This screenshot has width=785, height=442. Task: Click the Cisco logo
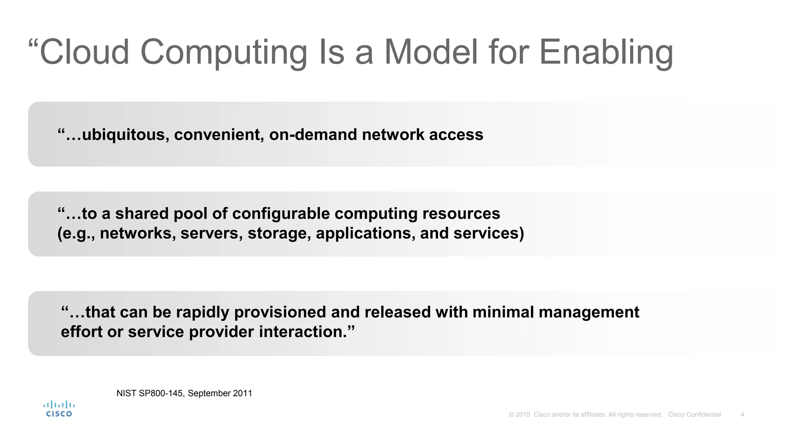[59, 409]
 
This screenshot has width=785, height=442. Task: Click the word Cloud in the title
[84, 52]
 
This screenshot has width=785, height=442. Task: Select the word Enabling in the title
[606, 52]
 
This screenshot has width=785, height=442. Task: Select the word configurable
[281, 214]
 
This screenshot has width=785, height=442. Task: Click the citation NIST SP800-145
[150, 393]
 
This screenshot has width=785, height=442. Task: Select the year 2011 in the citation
[243, 393]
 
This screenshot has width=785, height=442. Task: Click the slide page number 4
[742, 414]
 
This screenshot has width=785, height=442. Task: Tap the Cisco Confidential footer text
[695, 414]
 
